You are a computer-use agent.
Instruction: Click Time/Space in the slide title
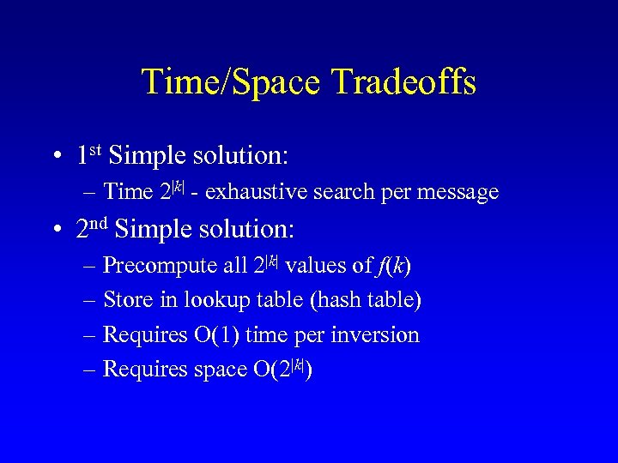point(231,82)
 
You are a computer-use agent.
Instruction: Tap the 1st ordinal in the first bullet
point(89,155)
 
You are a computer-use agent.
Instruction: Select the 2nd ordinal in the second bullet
point(92,229)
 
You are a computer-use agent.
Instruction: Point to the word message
point(457,192)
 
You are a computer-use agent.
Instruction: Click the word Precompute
point(161,266)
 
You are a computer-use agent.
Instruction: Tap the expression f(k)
point(395,266)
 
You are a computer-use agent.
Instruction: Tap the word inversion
point(378,334)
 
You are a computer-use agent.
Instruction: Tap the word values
point(313,266)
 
